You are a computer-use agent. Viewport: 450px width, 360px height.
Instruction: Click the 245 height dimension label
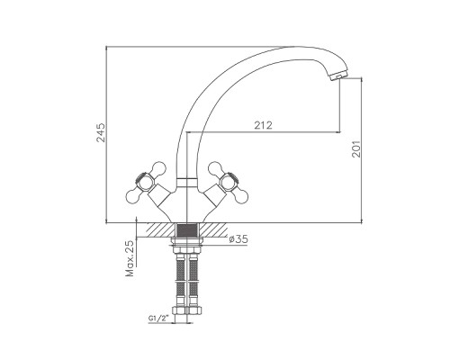(101, 132)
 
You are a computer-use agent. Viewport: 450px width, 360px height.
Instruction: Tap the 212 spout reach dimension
(264, 125)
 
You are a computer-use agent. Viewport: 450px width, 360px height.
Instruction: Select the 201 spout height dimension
(355, 148)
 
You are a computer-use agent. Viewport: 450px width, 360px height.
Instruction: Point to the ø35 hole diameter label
(238, 239)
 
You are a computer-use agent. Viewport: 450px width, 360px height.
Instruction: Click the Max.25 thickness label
(130, 258)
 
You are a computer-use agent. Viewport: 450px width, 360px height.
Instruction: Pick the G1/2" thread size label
(158, 319)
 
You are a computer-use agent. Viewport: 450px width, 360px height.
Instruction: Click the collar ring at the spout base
(187, 182)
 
